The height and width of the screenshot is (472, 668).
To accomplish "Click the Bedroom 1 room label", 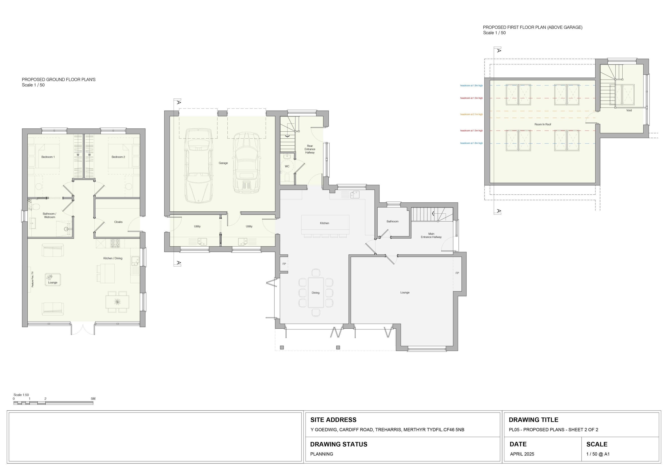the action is [48, 157].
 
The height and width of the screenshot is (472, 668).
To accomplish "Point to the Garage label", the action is [223, 163].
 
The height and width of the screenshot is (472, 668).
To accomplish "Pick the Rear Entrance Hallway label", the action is [310, 149].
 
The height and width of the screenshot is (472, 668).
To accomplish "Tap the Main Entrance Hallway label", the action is [431, 235].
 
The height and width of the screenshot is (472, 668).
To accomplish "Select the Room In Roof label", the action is [543, 124].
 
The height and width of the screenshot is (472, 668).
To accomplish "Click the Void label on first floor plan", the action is [629, 110].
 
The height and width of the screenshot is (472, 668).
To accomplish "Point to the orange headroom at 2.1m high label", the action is [471, 114].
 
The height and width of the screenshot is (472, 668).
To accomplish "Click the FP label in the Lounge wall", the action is [457, 273].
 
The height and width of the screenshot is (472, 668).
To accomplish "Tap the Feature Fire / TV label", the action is [33, 279].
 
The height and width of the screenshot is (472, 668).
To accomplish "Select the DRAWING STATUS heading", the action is [339, 444].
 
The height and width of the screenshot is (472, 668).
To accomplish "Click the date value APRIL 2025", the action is [522, 454].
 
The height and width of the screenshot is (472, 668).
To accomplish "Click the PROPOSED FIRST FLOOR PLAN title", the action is [533, 27].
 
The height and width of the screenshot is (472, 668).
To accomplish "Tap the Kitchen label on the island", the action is [324, 223].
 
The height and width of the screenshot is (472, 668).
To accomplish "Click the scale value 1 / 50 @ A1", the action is [598, 454].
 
